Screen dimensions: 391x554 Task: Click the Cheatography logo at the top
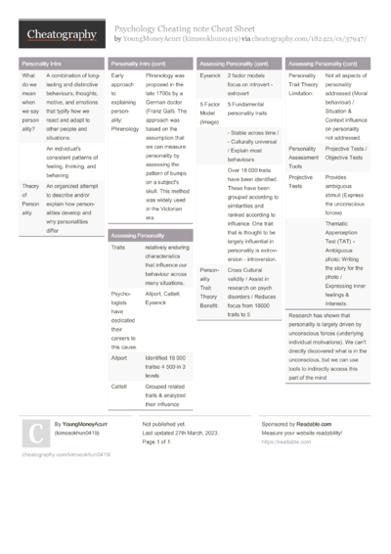click(x=61, y=36)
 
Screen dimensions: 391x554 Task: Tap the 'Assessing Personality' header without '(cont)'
click(x=137, y=236)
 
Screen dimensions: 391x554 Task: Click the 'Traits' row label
click(x=118, y=249)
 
